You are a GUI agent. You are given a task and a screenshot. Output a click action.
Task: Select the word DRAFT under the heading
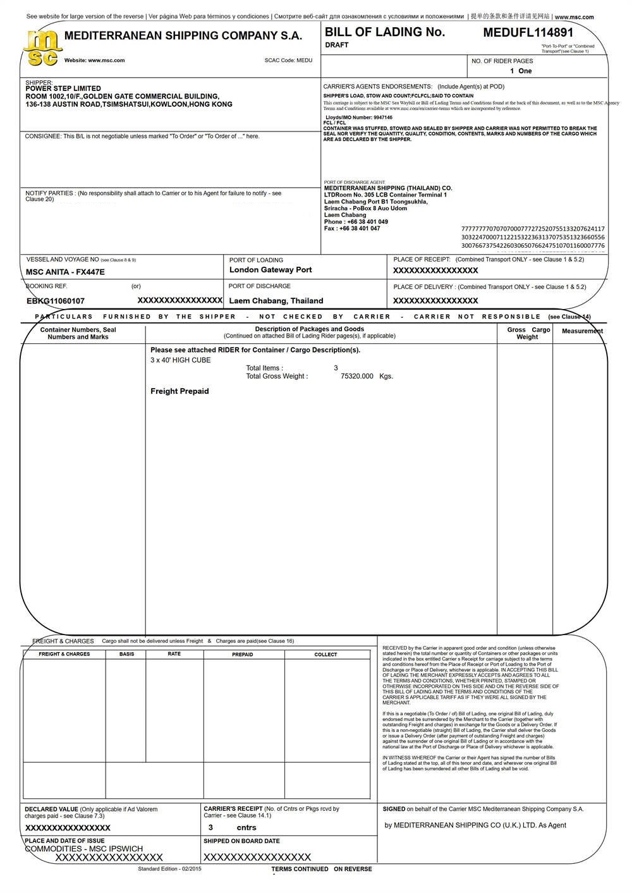(x=337, y=46)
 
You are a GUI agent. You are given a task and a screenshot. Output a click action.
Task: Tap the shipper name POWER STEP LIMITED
(x=63, y=88)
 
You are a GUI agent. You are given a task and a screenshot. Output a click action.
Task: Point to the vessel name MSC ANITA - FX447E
(x=65, y=272)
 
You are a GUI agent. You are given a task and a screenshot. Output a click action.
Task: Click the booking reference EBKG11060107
(x=56, y=301)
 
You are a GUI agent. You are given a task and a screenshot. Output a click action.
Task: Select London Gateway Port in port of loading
(x=270, y=270)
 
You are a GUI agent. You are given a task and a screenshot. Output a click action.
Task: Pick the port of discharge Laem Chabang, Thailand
(x=276, y=301)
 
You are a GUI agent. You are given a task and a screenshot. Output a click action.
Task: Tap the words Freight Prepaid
(x=179, y=391)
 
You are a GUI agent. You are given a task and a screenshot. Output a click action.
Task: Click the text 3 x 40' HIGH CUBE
(x=181, y=360)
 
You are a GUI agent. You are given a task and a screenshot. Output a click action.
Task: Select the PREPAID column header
(x=242, y=654)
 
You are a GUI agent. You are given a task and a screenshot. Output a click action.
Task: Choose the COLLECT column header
(x=325, y=654)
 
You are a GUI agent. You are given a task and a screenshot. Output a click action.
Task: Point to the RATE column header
(x=174, y=653)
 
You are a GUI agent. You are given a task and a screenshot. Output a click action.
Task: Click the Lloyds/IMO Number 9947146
(x=359, y=118)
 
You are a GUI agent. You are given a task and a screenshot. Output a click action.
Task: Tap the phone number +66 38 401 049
(x=365, y=222)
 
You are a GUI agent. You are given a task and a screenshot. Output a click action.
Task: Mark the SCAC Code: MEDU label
(x=288, y=61)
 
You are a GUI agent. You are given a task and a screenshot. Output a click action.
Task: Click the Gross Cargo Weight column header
(x=528, y=333)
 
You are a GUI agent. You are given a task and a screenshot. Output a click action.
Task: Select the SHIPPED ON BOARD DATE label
(x=241, y=841)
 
